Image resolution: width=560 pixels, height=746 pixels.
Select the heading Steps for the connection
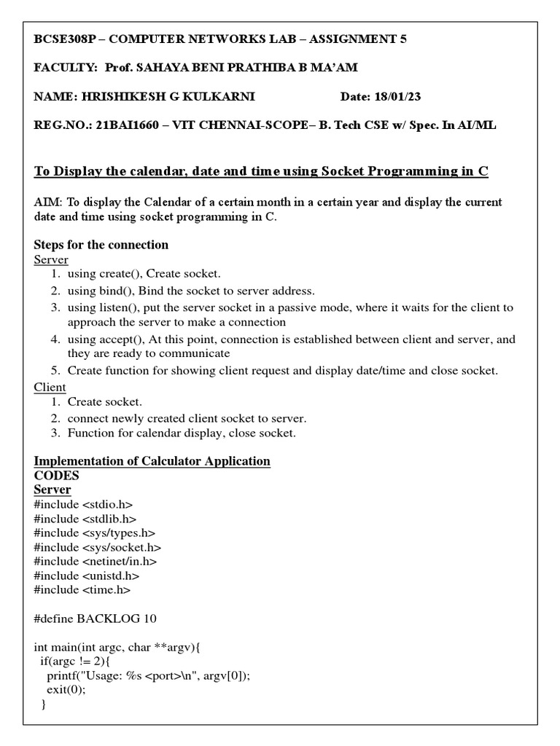click(101, 245)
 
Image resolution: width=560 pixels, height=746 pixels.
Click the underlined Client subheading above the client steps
click(50, 387)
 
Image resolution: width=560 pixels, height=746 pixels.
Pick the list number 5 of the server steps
click(55, 371)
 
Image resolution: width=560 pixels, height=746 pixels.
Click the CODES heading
click(56, 475)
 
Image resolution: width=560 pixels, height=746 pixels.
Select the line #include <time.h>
click(82, 590)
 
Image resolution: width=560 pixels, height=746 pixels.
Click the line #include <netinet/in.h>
click(96, 562)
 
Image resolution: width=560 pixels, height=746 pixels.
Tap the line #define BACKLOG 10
click(95, 619)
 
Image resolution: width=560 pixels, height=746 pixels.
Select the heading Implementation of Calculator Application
click(152, 461)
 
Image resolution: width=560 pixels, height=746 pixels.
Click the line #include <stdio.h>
click(83, 504)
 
